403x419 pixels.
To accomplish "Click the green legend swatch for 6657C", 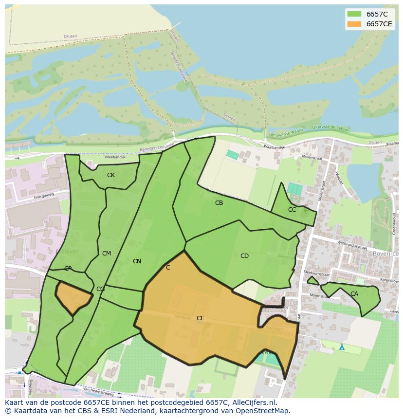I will click(x=354, y=14).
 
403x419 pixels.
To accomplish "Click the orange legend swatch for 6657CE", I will click(x=354, y=24).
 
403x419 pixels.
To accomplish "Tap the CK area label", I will click(x=111, y=175).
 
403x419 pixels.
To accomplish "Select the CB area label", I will click(x=219, y=203).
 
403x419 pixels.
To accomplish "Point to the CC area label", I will click(x=292, y=210).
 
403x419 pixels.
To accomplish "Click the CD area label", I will click(x=244, y=256).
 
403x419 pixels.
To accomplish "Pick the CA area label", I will click(x=354, y=294).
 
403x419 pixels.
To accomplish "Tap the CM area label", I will click(x=107, y=254).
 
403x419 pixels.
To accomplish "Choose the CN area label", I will click(x=137, y=261).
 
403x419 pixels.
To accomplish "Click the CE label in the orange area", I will click(x=200, y=318).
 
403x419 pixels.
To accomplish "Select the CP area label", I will click(x=68, y=269).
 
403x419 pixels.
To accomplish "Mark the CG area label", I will click(x=100, y=289).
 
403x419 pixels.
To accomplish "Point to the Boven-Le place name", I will click(x=385, y=254).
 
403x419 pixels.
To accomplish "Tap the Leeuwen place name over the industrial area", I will click(x=68, y=252).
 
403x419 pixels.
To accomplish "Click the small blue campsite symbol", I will click(x=342, y=347).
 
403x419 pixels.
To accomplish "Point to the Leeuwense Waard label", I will click(x=286, y=130).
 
